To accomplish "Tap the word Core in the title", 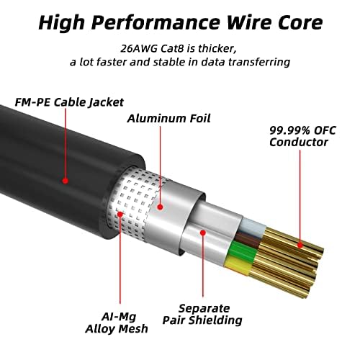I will click(300, 23).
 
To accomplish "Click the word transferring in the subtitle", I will click(258, 63).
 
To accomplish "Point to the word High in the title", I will click(61, 23).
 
